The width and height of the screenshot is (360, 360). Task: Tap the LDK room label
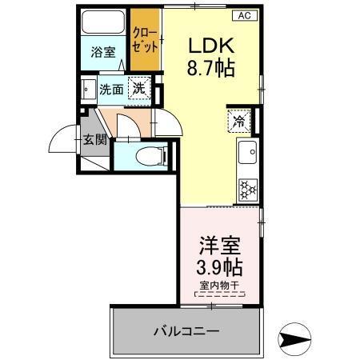[x=211, y=45]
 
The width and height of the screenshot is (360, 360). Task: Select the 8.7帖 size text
[x=211, y=69]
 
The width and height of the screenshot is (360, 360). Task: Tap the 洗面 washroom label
[x=111, y=90]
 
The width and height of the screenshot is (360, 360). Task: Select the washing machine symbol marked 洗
[x=139, y=90]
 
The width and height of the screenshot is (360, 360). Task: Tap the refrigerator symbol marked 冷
[x=239, y=122]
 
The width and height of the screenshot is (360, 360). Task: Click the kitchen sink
[x=247, y=150]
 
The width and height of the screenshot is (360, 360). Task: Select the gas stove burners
[x=246, y=189]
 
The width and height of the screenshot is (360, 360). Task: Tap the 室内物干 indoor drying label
[x=218, y=286]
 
